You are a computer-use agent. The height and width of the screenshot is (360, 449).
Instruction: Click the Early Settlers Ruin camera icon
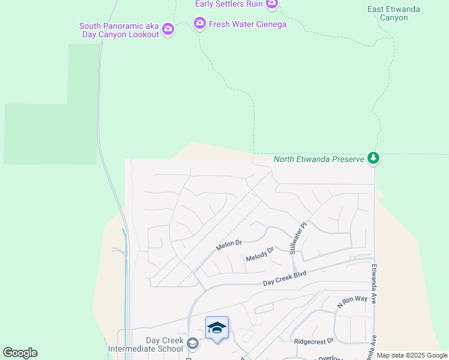click(x=272, y=4)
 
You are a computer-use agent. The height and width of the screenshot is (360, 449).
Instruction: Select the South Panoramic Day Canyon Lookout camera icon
click(x=168, y=29)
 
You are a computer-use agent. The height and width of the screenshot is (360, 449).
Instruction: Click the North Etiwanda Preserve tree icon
click(x=374, y=158)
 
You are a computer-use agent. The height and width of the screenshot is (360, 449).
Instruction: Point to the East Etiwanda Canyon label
click(x=394, y=13)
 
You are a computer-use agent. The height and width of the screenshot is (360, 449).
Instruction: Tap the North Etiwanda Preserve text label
click(x=319, y=159)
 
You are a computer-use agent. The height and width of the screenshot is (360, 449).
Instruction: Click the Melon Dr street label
click(x=229, y=246)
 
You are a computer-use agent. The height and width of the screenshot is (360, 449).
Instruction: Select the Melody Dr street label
click(x=259, y=254)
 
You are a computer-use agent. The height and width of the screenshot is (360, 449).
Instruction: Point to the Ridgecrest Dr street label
click(x=313, y=341)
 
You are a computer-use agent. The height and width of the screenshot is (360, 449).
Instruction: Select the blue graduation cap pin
click(x=217, y=328)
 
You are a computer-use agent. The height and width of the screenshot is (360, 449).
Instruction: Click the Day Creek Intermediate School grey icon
click(x=193, y=344)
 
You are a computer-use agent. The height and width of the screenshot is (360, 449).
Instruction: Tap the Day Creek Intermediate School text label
click(x=145, y=344)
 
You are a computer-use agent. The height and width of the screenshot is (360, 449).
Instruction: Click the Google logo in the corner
click(x=20, y=353)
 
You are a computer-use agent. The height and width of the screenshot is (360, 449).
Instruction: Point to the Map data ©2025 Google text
click(x=412, y=355)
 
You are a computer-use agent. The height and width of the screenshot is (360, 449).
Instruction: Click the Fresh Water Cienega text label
click(x=247, y=24)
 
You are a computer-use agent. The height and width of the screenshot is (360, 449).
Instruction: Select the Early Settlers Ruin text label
click(x=229, y=4)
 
